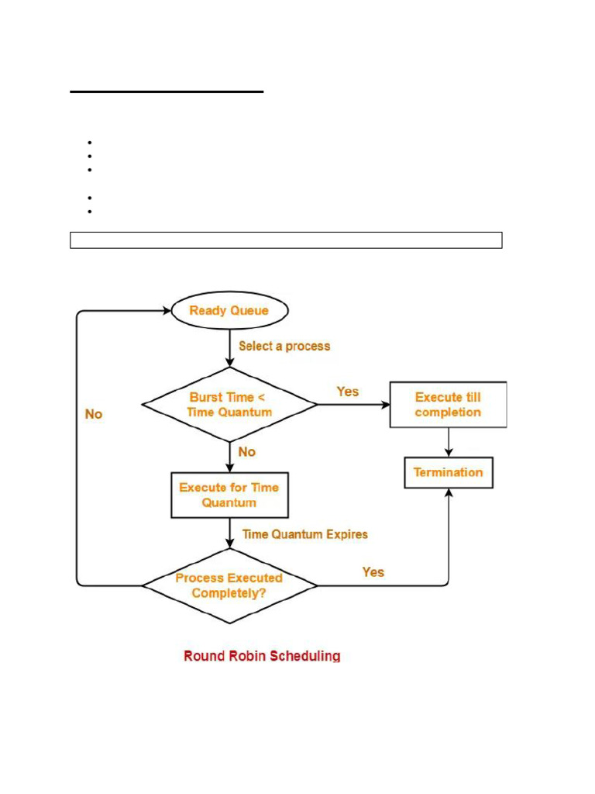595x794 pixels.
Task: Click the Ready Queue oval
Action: [x=229, y=311]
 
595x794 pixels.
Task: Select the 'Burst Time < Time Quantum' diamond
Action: [x=229, y=405]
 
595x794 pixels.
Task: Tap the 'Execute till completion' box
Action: [x=448, y=405]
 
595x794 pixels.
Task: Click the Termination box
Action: [x=448, y=472]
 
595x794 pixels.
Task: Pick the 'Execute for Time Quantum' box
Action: [x=229, y=495]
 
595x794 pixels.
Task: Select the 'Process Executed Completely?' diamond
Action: [x=229, y=585]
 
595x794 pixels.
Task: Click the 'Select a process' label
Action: [x=284, y=347]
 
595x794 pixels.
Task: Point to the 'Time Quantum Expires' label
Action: [x=305, y=534]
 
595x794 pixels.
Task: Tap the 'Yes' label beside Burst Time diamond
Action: [x=348, y=392]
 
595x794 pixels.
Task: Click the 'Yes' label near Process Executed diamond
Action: [x=373, y=572]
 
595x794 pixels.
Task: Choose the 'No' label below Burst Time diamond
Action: [x=247, y=451]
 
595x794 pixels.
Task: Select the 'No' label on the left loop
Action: [x=94, y=414]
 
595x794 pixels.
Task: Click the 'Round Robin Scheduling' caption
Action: [x=262, y=656]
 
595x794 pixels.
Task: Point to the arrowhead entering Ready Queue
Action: [x=165, y=311]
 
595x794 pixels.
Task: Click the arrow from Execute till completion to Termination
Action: [x=449, y=443]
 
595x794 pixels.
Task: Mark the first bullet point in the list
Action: [x=90, y=143]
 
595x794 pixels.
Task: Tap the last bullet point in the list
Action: [x=90, y=211]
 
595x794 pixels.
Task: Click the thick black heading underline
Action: [x=167, y=91]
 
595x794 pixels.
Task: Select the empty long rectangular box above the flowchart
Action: [x=286, y=240]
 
